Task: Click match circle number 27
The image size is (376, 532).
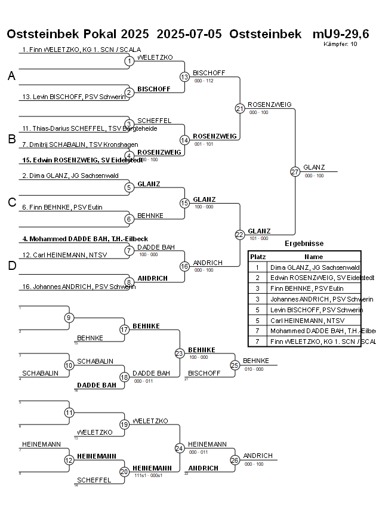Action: click(x=295, y=171)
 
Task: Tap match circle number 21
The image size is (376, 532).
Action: click(x=240, y=108)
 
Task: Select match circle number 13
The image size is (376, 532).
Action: click(x=184, y=76)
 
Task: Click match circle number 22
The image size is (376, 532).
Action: click(x=240, y=235)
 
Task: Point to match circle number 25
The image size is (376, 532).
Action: click(x=235, y=365)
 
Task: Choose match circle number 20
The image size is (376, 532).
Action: click(x=124, y=472)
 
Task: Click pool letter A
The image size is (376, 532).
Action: click(x=11, y=76)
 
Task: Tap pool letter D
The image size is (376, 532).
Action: click(x=11, y=266)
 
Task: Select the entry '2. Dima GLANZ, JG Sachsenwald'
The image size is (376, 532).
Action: click(x=70, y=176)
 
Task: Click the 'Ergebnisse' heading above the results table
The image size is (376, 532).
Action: click(x=304, y=244)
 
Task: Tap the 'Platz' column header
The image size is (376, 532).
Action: click(x=258, y=257)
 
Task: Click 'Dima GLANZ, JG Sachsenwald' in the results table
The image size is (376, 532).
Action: click(x=315, y=268)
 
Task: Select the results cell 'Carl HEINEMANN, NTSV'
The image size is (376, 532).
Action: click(x=303, y=321)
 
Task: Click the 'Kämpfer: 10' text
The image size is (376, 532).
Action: click(x=340, y=44)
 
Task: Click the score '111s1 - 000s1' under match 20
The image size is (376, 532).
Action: click(x=149, y=475)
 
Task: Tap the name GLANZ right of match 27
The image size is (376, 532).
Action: click(x=314, y=167)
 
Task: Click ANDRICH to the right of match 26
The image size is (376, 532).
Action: click(x=258, y=456)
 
